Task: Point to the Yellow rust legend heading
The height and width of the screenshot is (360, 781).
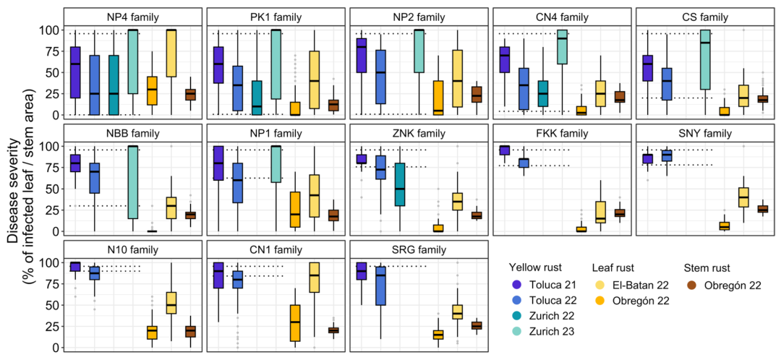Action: pyautogui.click(x=535, y=267)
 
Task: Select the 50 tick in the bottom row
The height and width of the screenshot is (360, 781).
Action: pyautogui.click(x=50, y=305)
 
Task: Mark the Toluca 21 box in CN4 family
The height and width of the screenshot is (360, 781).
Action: pyautogui.click(x=505, y=59)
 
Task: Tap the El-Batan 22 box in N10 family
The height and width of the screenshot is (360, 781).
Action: pyautogui.click(x=171, y=303)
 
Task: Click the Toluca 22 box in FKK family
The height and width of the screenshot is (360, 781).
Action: pyautogui.click(x=524, y=163)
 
